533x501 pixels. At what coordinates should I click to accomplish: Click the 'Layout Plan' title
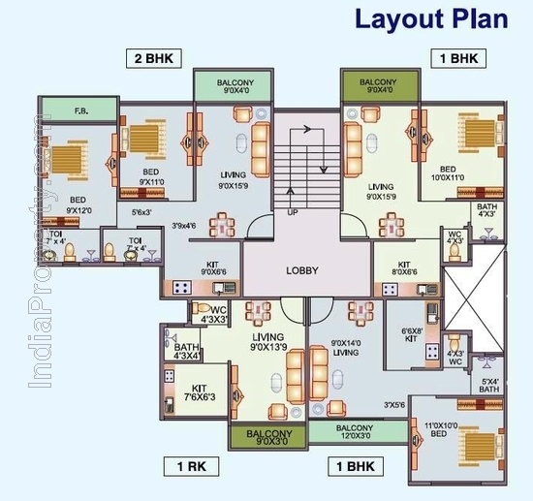pyautogui.click(x=429, y=18)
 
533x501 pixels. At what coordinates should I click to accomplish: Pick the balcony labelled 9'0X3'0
pyautogui.click(x=268, y=437)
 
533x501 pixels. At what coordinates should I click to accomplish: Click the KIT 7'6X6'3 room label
pyautogui.click(x=196, y=391)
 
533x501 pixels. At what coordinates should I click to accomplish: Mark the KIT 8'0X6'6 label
pyautogui.click(x=405, y=268)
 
